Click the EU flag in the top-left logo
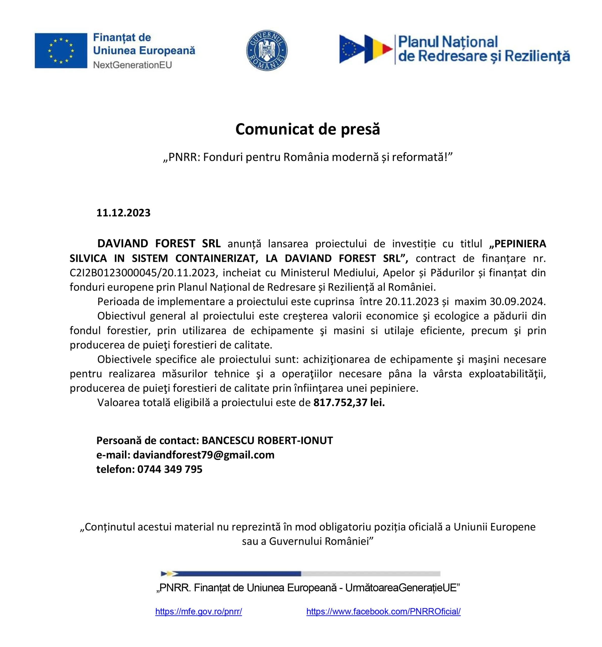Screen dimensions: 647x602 [x=61, y=51]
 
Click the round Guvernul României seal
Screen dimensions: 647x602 [x=267, y=51]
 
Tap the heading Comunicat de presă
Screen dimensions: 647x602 [x=307, y=129]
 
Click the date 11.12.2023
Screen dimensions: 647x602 [x=123, y=213]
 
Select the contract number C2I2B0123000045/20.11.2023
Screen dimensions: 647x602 [x=143, y=272]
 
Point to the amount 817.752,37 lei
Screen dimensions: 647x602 [x=349, y=403]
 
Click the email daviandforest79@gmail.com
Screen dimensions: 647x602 [x=204, y=455]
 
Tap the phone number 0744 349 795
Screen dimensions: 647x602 [x=170, y=469]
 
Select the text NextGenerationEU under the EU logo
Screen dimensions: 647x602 [x=132, y=65]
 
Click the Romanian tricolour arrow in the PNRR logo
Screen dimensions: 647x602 [x=378, y=49]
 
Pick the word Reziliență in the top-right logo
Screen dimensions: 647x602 [x=537, y=56]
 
